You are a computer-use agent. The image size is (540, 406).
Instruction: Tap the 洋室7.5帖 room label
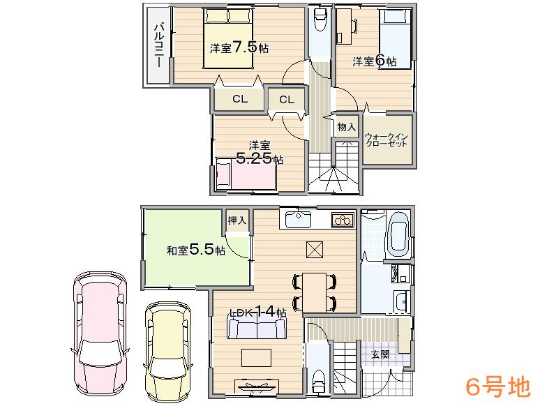click(x=239, y=47)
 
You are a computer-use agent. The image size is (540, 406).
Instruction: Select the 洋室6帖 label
click(x=374, y=61)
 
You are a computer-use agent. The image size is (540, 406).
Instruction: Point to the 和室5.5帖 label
click(x=195, y=250)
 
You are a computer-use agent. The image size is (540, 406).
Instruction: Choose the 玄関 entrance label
click(x=380, y=354)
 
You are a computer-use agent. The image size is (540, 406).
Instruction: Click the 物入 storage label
click(x=347, y=127)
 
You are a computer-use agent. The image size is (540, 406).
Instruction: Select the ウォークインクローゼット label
click(x=387, y=138)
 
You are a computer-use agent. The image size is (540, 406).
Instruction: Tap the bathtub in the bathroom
click(x=398, y=235)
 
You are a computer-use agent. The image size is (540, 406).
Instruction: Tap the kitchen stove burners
click(x=343, y=220)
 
